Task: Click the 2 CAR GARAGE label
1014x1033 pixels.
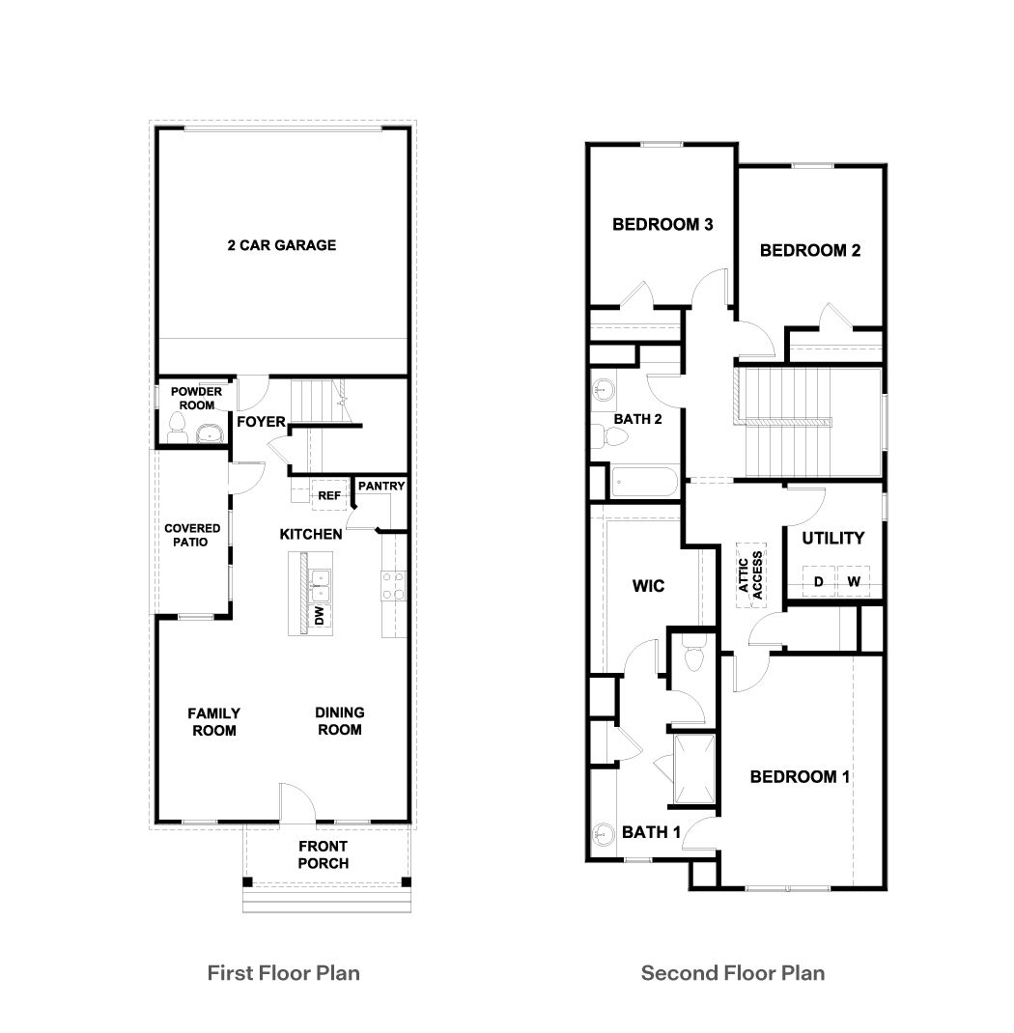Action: [x=282, y=245]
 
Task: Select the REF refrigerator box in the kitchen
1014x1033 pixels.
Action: [x=329, y=495]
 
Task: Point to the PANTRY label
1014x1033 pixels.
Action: [x=380, y=486]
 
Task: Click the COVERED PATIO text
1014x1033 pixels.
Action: [x=192, y=535]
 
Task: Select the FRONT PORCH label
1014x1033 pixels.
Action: [x=323, y=854]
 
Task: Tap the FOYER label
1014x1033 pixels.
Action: [x=261, y=422]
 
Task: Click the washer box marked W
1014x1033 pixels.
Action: [x=854, y=581]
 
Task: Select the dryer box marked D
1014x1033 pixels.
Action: [x=818, y=581]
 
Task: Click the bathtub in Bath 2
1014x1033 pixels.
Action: [x=646, y=480]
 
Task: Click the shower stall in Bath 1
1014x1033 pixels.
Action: [x=694, y=769]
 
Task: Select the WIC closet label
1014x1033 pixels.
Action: [x=648, y=586]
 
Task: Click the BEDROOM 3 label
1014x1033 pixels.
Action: [x=662, y=225]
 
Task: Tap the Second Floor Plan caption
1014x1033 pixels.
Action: [x=733, y=972]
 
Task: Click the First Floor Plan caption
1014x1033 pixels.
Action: [x=284, y=972]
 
